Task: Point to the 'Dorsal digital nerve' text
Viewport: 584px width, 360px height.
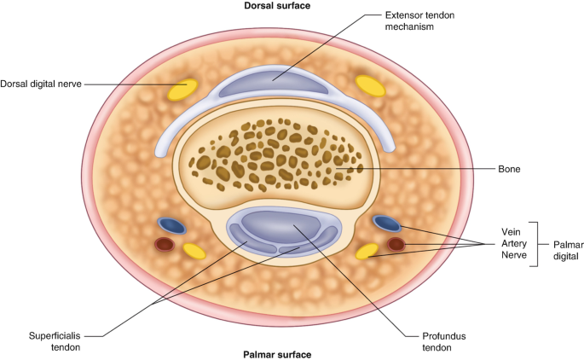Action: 42,83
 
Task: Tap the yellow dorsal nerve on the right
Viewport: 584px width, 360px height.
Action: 370,84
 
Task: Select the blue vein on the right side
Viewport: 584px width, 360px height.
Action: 387,224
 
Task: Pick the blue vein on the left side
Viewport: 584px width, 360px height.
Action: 172,226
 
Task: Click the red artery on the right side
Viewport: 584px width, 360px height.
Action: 396,245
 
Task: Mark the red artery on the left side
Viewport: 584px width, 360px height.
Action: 165,245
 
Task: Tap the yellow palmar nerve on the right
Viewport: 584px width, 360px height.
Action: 367,252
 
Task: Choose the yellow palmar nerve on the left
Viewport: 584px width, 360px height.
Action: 194,251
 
